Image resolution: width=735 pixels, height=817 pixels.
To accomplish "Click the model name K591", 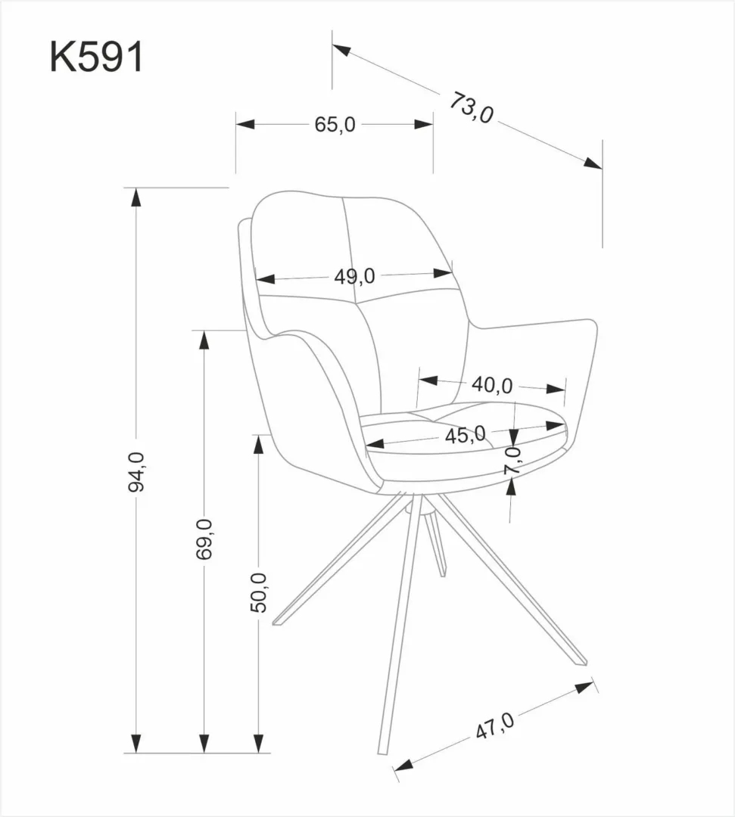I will [x=96, y=58].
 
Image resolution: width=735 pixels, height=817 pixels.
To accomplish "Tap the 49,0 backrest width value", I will [x=354, y=277].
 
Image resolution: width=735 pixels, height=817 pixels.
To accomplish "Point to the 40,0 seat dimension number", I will [x=492, y=385].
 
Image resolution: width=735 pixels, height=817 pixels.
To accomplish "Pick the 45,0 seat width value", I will [x=465, y=435].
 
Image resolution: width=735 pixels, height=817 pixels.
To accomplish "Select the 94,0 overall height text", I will [x=137, y=471].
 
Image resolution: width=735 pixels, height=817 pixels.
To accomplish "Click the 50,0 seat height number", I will [x=258, y=592].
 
